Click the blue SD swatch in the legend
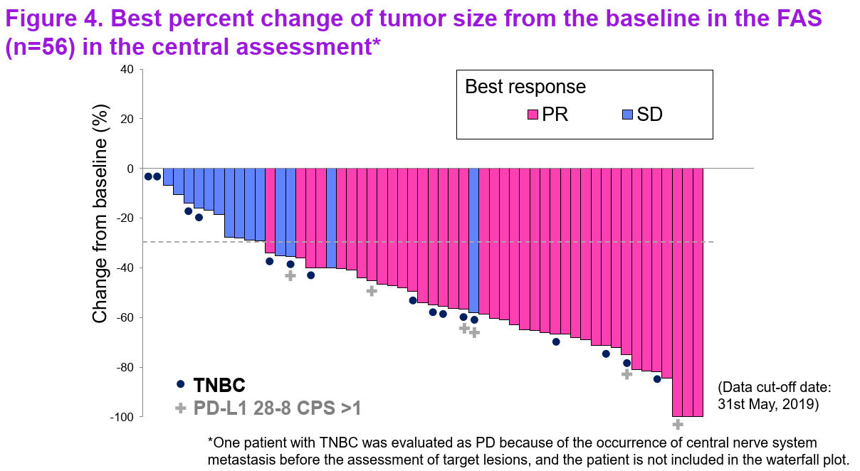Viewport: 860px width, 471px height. (628, 115)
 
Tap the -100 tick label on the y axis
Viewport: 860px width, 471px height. (121, 417)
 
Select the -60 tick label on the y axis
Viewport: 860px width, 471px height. (124, 317)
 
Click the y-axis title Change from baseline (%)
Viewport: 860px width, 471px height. (101, 213)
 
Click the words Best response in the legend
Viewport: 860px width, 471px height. (525, 87)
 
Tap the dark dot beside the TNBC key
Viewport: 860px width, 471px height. (180, 385)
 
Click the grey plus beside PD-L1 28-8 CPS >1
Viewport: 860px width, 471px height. (180, 408)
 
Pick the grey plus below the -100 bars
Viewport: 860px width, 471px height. (678, 425)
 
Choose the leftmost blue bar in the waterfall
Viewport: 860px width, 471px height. (168, 176)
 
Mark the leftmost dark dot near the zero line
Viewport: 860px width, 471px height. (148, 176)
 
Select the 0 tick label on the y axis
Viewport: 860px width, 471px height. (130, 169)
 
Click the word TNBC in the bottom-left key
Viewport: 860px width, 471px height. (219, 386)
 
